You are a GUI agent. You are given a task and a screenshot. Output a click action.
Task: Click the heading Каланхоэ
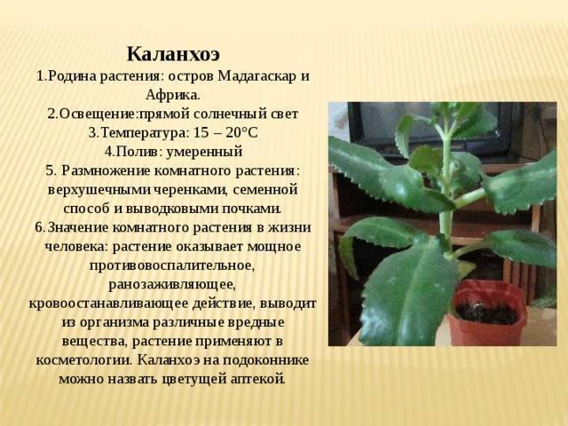tap(173, 54)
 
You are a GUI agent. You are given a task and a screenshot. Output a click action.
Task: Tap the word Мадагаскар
tap(257, 76)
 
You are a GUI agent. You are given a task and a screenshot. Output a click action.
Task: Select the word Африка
tap(173, 95)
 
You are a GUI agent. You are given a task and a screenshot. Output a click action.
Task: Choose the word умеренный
tap(204, 152)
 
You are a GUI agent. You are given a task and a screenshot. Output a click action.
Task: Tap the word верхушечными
tap(100, 190)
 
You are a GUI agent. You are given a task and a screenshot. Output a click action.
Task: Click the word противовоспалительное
tap(172, 265)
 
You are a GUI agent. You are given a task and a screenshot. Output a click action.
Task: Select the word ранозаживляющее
tap(172, 284)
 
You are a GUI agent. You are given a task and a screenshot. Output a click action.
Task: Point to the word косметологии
tap(84, 360)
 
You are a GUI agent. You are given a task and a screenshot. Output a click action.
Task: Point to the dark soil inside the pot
tap(486, 313)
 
